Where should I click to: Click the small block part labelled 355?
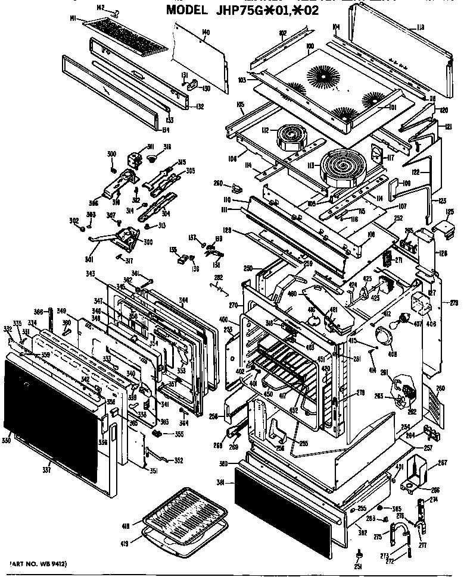(x=156, y=433)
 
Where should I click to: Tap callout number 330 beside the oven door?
(x=7, y=441)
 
